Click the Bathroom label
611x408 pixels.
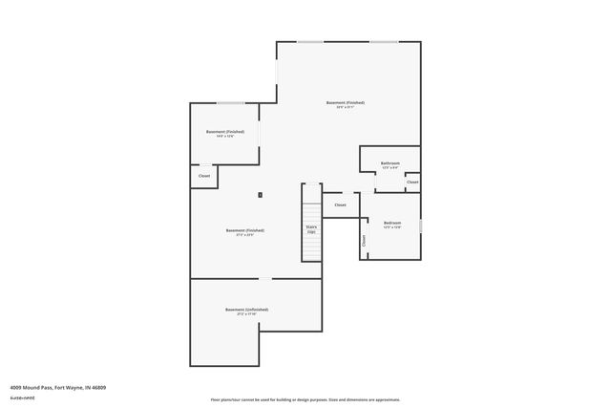(x=390, y=162)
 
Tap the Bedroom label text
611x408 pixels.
(x=391, y=223)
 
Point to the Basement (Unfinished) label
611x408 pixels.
(x=246, y=310)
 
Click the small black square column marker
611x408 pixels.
(x=260, y=195)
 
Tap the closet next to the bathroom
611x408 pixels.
(x=411, y=182)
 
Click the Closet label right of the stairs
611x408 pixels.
(x=340, y=204)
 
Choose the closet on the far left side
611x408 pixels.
(x=204, y=176)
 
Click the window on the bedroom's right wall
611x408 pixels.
(x=420, y=225)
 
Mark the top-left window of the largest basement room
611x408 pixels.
(x=309, y=41)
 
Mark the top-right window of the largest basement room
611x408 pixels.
(x=384, y=41)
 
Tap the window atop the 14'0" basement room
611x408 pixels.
(x=229, y=102)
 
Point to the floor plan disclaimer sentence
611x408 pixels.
(x=305, y=399)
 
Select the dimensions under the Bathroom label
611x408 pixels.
(x=390, y=168)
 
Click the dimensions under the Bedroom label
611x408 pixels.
(x=391, y=228)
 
